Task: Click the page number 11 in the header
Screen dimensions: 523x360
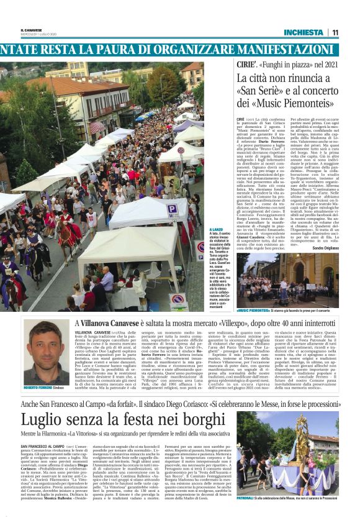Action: (x=335, y=32)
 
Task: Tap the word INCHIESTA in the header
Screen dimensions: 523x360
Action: (x=303, y=32)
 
